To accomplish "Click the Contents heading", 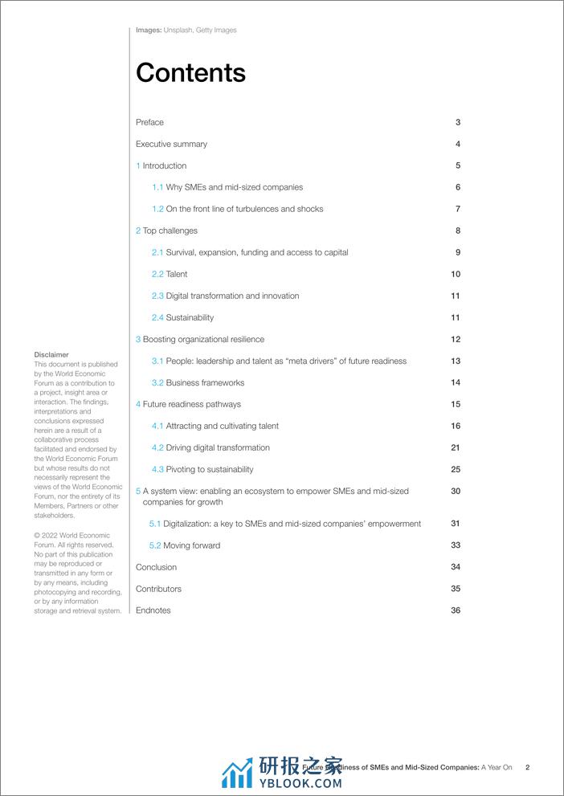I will (x=190, y=73).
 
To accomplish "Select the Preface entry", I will (x=149, y=123).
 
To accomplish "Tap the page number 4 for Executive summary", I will (x=458, y=145).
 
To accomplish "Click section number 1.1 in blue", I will (x=157, y=188).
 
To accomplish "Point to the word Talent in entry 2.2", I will (x=177, y=275).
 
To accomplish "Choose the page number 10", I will (x=456, y=275).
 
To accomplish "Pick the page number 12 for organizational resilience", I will (x=456, y=340).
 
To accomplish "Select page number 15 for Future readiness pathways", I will (x=456, y=405).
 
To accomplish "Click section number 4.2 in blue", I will (x=157, y=448).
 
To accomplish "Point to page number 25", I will (x=456, y=470).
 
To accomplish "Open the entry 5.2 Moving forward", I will (x=184, y=546).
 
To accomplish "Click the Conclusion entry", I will (x=156, y=568).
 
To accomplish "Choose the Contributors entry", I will (x=158, y=590).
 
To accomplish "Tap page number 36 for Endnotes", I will (x=456, y=611).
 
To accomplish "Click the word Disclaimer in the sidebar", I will (x=51, y=355).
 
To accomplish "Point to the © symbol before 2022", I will (x=37, y=536).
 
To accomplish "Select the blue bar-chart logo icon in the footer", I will (x=237, y=773).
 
